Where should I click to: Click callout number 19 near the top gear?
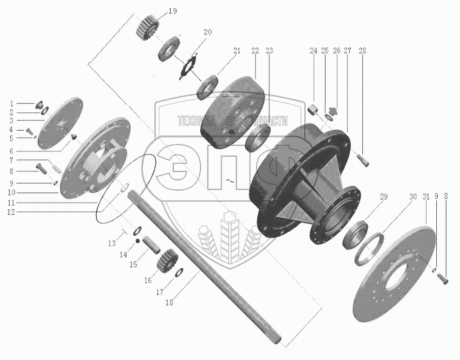[x=173, y=11]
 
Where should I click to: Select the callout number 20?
[x=207, y=32]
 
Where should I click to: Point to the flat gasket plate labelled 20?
[x=188, y=66]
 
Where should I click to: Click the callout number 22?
[x=255, y=51]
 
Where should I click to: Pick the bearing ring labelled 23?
[x=258, y=137]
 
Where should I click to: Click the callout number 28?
[x=362, y=51]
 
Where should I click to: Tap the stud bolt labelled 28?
[x=363, y=161]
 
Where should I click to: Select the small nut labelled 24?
[x=313, y=111]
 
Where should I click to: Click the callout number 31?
[x=426, y=196]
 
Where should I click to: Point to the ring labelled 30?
[x=369, y=249]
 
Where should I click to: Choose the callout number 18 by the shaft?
[x=169, y=302]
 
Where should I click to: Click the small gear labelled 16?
[x=166, y=260]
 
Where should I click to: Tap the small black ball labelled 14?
[x=137, y=241]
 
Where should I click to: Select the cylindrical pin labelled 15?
[x=151, y=246]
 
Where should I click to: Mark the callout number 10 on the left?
[x=12, y=193]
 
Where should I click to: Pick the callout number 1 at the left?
[x=12, y=104]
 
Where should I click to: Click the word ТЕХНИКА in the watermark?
[x=196, y=120]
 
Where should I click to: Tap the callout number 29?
[x=384, y=196]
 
